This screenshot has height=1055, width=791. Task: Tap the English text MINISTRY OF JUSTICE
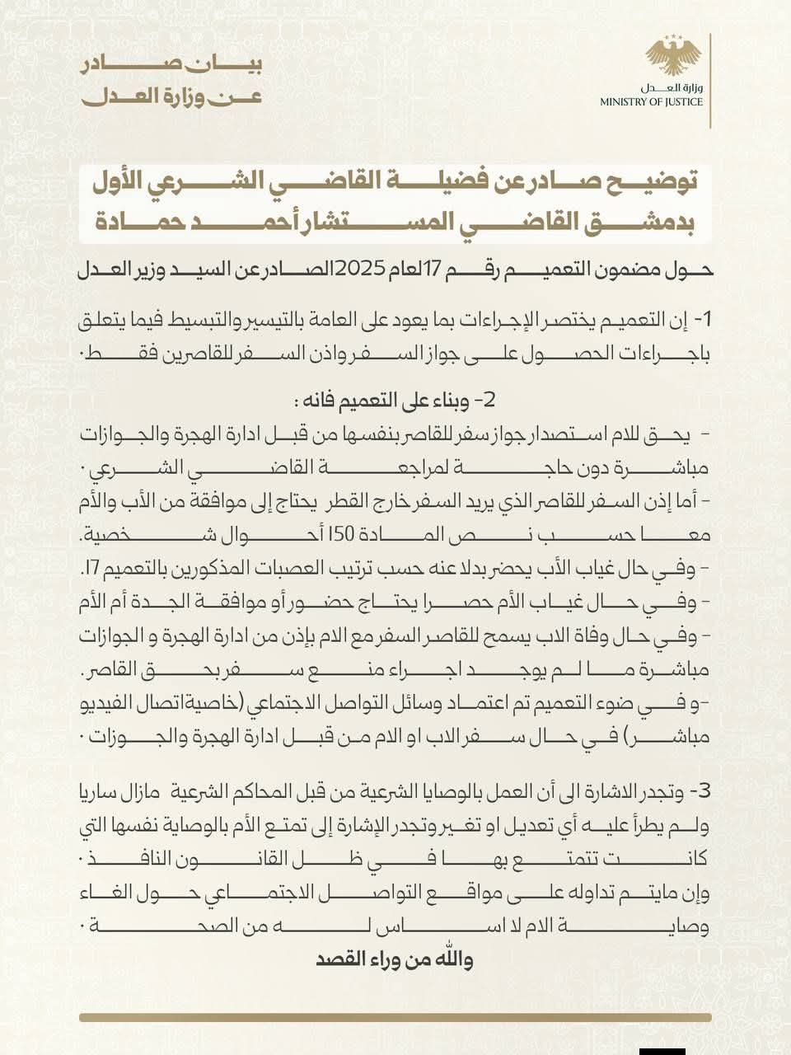[x=652, y=102]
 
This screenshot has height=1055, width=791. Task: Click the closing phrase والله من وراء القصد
[x=395, y=960]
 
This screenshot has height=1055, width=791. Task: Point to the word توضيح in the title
[x=645, y=181]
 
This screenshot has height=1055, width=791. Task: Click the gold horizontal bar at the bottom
[x=395, y=1017]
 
